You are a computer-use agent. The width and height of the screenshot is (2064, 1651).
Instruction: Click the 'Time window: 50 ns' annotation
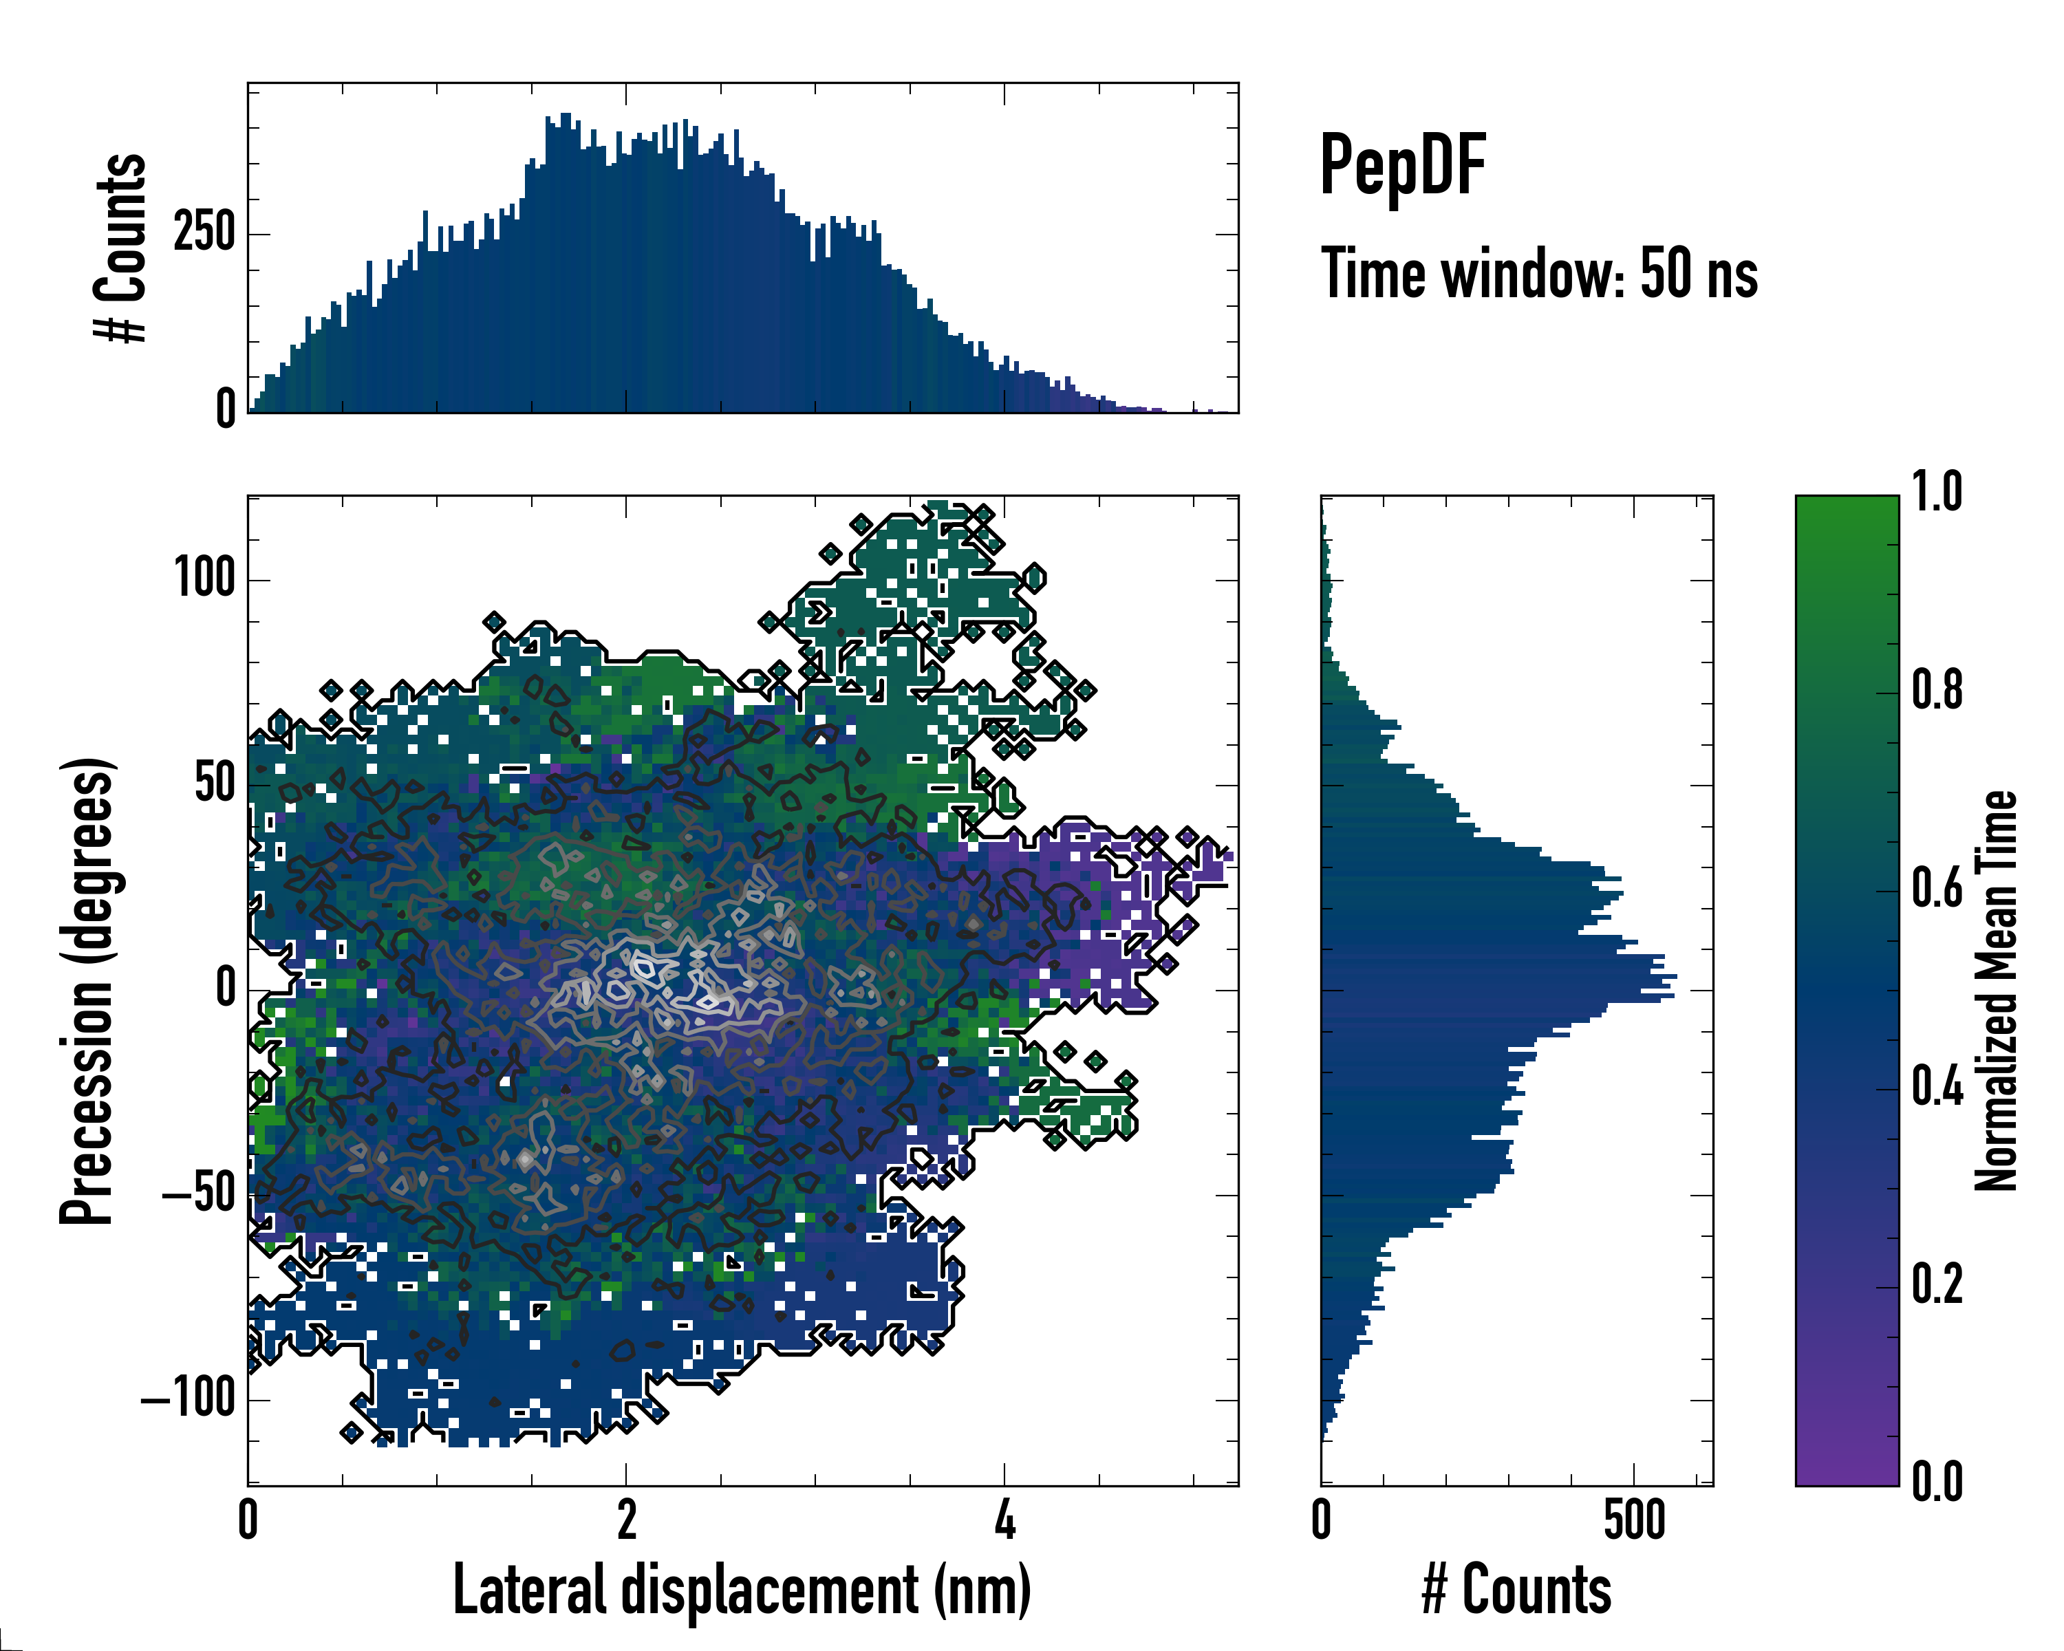[1539, 274]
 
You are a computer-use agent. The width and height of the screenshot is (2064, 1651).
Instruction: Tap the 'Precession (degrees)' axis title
[87, 990]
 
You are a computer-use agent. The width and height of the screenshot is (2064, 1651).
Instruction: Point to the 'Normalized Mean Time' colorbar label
[1996, 990]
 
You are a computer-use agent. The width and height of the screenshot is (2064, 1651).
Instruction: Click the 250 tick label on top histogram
[204, 233]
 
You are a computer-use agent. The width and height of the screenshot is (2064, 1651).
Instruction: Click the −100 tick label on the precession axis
[189, 1399]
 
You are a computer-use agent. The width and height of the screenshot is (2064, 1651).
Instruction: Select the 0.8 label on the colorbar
[1937, 690]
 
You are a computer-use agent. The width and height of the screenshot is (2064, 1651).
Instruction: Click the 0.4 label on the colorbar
[1937, 1088]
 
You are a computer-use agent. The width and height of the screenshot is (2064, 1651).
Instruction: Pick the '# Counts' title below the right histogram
[1516, 1590]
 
